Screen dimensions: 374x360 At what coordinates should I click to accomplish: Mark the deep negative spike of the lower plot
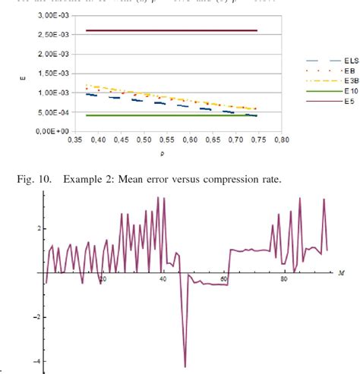click(185, 366)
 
